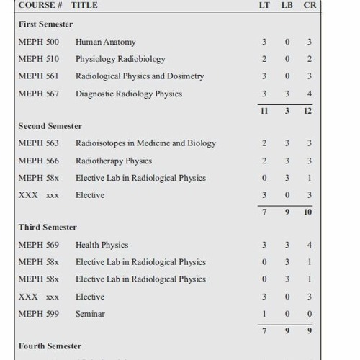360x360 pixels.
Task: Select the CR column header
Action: point(309,5)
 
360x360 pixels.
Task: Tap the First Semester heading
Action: point(45,24)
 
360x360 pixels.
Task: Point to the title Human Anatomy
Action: point(105,42)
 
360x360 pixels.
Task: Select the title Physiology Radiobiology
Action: point(120,59)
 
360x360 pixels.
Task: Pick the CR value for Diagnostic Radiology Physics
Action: point(309,94)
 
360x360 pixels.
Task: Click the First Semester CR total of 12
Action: point(308,112)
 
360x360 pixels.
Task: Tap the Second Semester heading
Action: point(50,126)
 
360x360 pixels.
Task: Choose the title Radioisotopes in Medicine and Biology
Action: point(145,143)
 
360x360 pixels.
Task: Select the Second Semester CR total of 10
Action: point(308,213)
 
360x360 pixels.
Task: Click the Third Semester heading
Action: point(48,228)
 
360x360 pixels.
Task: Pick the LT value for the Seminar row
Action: point(265,314)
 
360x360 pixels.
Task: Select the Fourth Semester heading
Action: point(50,346)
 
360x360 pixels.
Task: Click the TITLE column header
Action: point(85,5)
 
